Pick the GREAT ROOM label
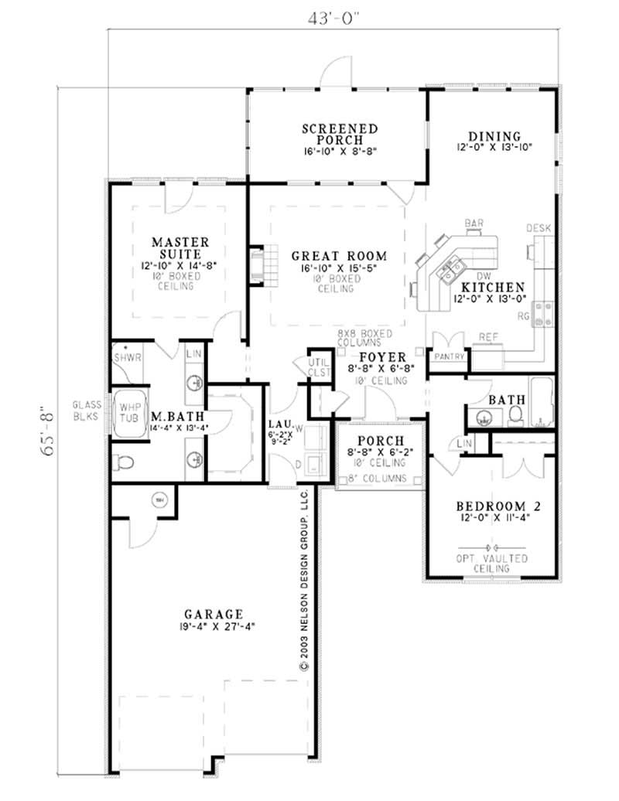[x=339, y=256]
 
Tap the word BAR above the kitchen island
[x=474, y=224]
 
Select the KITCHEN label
[x=505, y=286]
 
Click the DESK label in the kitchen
[x=539, y=228]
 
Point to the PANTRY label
[x=449, y=356]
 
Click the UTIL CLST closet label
[x=320, y=366]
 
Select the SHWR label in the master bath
[x=124, y=356]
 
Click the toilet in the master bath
[x=125, y=463]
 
